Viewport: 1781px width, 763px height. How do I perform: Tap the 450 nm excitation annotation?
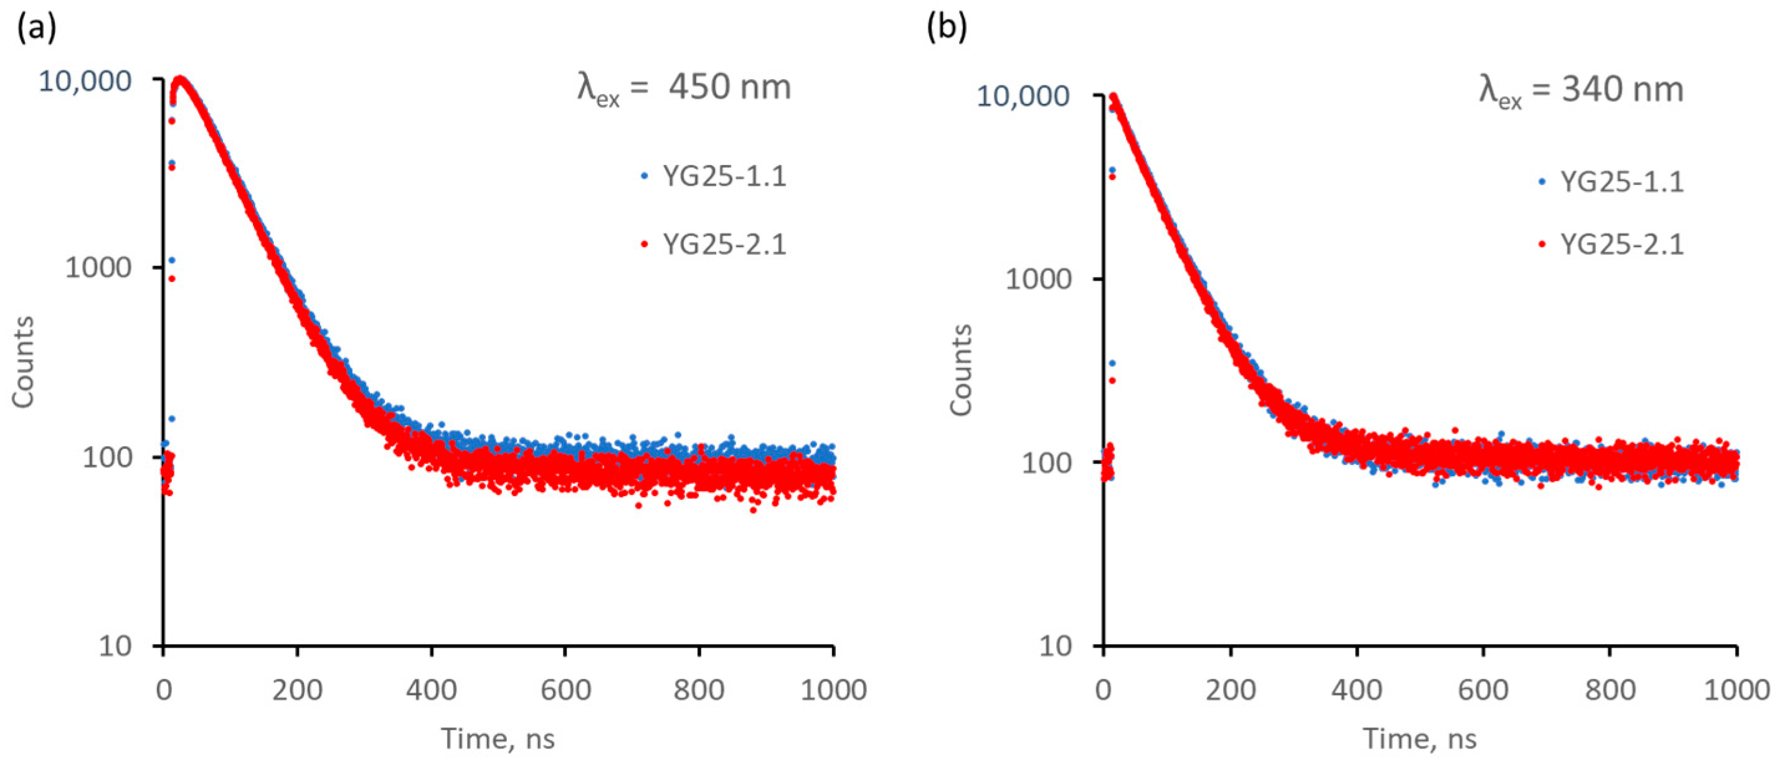point(684,89)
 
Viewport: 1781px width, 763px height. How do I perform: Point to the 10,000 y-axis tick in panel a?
point(84,82)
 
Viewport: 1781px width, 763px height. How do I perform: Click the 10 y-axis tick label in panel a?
point(114,646)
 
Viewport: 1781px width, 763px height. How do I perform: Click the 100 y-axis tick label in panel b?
point(1046,463)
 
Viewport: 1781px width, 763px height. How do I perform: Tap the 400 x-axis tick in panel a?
point(432,690)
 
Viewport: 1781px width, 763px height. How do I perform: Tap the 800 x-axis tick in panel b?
point(1610,690)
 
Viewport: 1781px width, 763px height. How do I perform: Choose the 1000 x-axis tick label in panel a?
point(833,690)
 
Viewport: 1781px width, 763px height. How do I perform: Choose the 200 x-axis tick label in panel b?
point(1231,690)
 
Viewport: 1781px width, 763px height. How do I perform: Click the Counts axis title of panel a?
point(24,362)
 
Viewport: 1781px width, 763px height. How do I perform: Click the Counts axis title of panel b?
point(961,370)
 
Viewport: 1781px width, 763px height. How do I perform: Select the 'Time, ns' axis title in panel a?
point(498,739)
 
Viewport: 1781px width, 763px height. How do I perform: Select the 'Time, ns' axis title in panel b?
point(1419,739)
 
